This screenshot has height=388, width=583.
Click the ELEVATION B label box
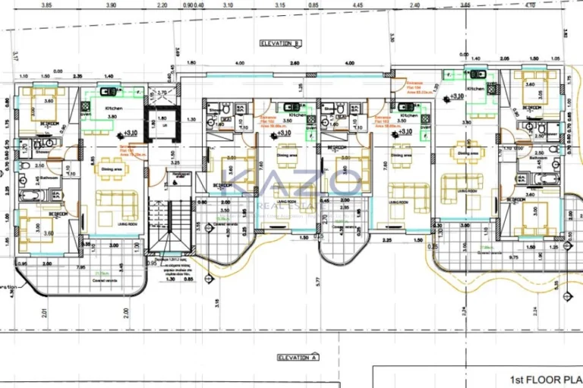click(x=281, y=43)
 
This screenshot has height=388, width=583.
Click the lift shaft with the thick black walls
click(x=161, y=124)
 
